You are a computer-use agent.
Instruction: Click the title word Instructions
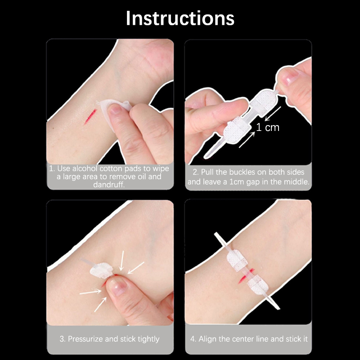pos(180,18)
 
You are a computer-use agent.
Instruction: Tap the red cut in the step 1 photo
pos(90,117)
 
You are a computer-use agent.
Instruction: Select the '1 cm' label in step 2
pos(268,127)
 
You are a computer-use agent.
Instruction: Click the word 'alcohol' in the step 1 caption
pos(85,168)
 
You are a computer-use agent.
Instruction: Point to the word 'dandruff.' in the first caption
pos(109,184)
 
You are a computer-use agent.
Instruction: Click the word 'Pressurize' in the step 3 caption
pos(85,339)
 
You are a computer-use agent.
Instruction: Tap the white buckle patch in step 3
pos(101,270)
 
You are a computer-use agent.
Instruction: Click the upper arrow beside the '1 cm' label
pos(273,114)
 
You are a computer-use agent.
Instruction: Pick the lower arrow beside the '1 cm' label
pos(247,139)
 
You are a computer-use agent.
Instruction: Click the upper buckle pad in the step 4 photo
pos(237,261)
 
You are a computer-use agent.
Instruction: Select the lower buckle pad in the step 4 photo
pos(257,284)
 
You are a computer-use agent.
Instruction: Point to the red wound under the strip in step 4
pos(246,275)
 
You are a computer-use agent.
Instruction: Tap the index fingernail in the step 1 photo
pos(115,109)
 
